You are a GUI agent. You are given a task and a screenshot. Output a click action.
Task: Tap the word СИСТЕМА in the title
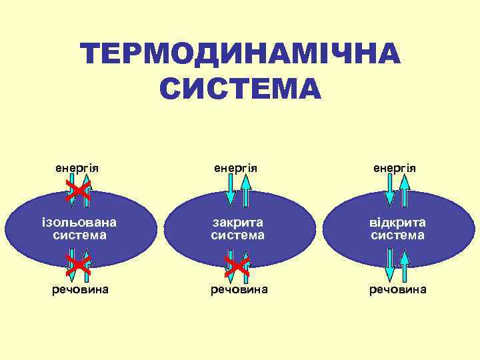pyautogui.click(x=241, y=89)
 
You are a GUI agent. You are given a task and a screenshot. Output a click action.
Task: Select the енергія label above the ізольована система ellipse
pyautogui.click(x=77, y=167)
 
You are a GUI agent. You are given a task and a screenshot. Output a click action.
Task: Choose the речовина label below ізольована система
pyautogui.click(x=80, y=289)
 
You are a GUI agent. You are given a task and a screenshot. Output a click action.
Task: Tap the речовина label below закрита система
pyautogui.click(x=239, y=289)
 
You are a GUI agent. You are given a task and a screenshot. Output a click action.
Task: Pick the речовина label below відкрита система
pyautogui.click(x=399, y=289)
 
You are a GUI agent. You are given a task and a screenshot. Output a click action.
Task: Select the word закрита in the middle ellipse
pyautogui.click(x=237, y=223)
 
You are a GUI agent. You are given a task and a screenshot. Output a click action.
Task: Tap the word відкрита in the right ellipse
pyautogui.click(x=398, y=223)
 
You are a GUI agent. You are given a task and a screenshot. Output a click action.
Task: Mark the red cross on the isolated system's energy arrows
pyautogui.click(x=78, y=192)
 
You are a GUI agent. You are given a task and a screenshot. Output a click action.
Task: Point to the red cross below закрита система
pyautogui.click(x=237, y=265)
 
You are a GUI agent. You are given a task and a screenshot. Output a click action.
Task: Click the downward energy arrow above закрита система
pyautogui.click(x=230, y=190)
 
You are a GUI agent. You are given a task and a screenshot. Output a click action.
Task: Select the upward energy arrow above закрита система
pyautogui.click(x=245, y=190)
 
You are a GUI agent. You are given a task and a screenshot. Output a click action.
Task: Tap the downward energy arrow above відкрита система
pyautogui.click(x=389, y=190)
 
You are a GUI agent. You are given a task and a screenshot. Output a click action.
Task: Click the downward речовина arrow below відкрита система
pyautogui.click(x=389, y=265)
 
